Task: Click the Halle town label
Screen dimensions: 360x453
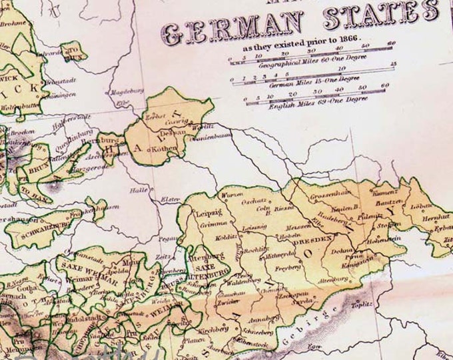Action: click(x=140, y=189)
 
